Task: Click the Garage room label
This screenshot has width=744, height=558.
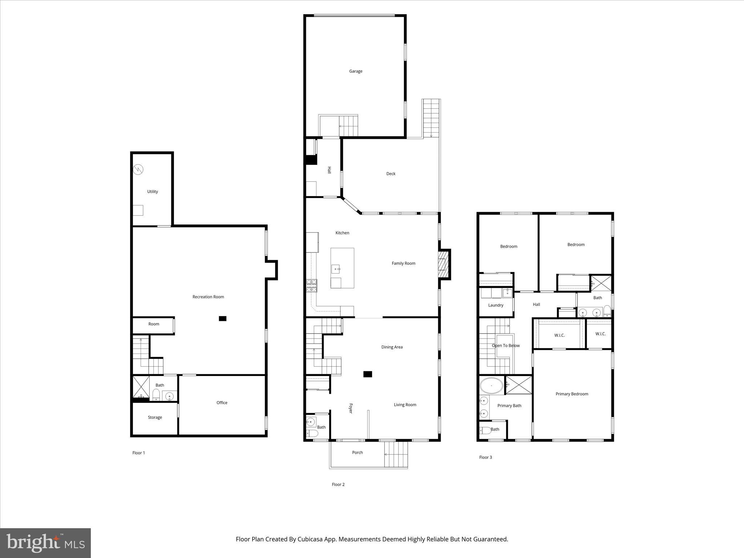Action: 356,71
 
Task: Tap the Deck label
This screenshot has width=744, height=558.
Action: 391,174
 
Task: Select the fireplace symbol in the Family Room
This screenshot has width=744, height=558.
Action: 442,264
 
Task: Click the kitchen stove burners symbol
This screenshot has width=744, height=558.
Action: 311,286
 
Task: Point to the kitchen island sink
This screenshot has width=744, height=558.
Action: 336,269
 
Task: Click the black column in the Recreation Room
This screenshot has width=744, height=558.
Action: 222,319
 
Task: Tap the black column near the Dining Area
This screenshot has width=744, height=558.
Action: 368,374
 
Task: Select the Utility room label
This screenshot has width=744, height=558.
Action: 152,191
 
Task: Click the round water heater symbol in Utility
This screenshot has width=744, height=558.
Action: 138,169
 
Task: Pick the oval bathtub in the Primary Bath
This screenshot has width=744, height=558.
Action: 492,386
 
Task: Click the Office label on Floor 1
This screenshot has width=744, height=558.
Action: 222,403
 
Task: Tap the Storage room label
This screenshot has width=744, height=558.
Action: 155,417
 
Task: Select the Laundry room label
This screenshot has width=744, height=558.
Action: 496,305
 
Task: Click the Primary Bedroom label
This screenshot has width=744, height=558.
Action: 571,394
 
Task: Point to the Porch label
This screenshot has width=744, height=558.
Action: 357,452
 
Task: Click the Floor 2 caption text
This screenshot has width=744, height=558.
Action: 338,484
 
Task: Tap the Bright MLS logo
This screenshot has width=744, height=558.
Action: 45,543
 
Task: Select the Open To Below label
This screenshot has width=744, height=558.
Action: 505,345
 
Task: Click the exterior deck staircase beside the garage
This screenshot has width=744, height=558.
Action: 431,118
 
